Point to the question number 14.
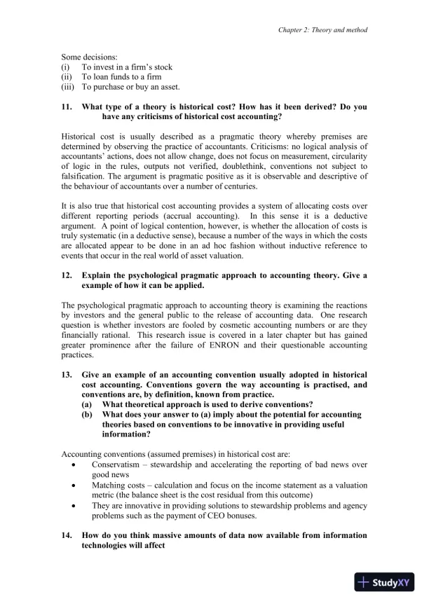(x=67, y=535)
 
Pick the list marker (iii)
(x=68, y=87)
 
